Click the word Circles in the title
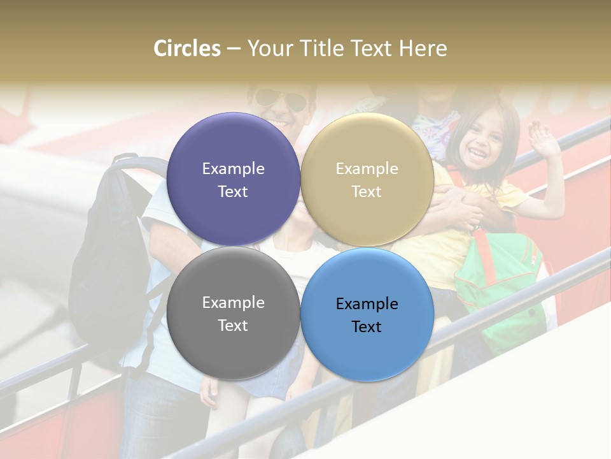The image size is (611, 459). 186,48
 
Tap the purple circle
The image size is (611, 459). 233,179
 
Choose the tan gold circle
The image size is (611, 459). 367,179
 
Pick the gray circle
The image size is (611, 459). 233,313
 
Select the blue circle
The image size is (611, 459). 367,314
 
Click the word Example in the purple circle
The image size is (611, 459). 233,168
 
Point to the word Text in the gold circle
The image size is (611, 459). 367,191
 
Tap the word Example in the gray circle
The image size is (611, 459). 233,302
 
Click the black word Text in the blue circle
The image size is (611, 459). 367,326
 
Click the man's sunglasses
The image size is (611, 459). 280,99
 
